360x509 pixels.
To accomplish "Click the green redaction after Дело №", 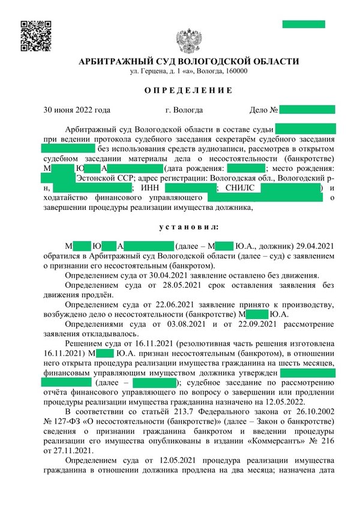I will coord(307,110).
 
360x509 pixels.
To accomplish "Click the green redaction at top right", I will coord(304,24).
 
